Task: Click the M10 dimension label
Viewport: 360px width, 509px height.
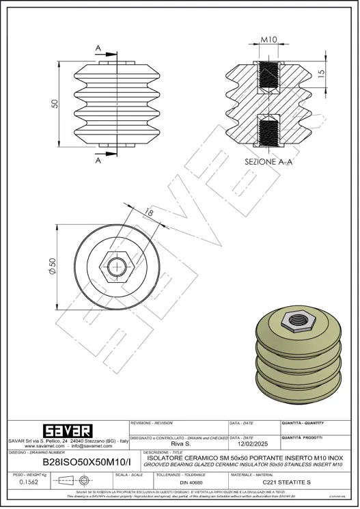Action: [x=268, y=40]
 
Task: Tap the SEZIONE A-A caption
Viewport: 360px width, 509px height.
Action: [x=268, y=163]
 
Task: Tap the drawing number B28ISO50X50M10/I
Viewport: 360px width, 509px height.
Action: [x=72, y=463]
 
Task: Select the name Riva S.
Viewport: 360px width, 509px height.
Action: [x=180, y=443]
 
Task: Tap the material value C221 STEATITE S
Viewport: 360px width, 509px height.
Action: [x=281, y=482]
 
